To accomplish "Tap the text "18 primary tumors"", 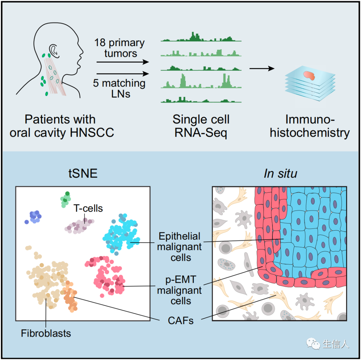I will [x=119, y=48].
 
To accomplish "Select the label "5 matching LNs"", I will [x=119, y=88].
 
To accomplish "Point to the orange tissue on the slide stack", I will [x=310, y=76].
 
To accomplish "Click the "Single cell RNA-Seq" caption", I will [x=201, y=126].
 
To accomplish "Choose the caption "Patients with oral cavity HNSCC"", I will [x=62, y=126].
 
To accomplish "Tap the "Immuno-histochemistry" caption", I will [x=310, y=126].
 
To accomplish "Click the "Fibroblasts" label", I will [x=46, y=333].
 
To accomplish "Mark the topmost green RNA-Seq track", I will [x=201, y=37].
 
